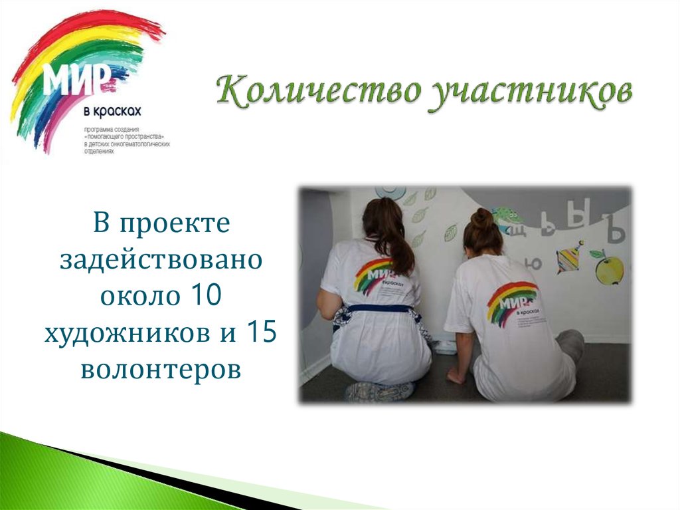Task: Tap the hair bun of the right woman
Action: (483, 217)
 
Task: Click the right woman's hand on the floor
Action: (456, 376)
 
